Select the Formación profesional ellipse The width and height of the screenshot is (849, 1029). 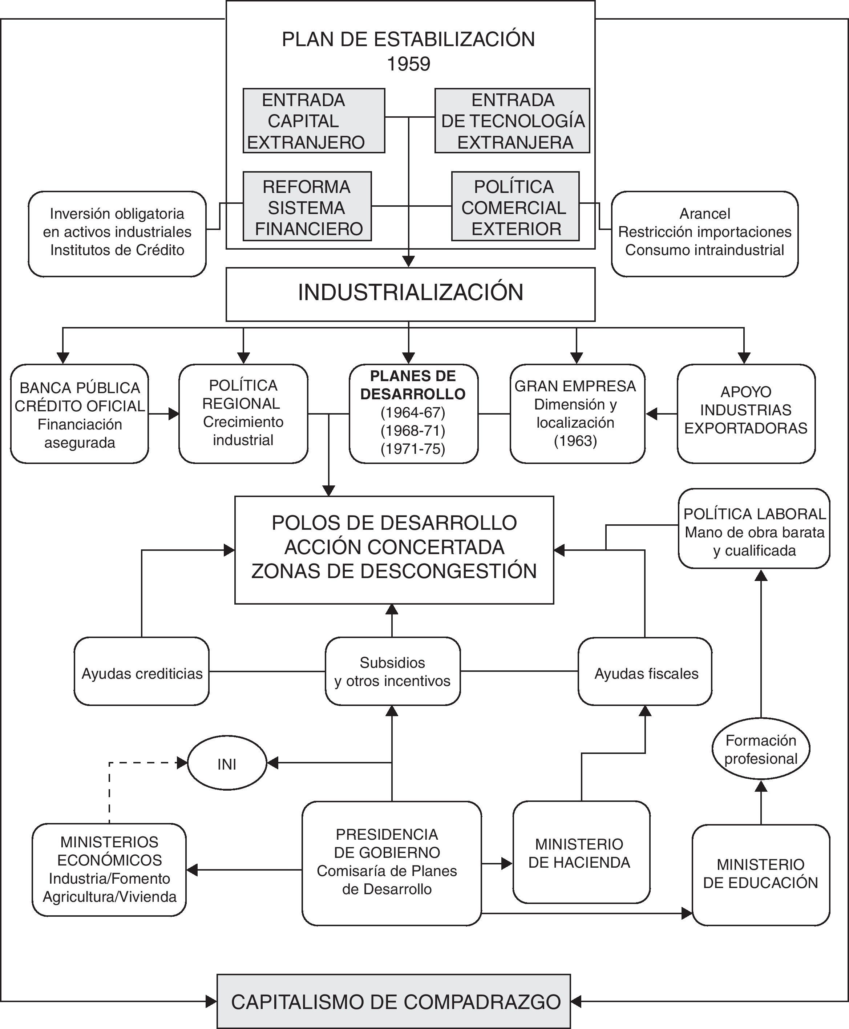click(760, 749)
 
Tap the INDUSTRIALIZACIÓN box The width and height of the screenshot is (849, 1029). click(410, 294)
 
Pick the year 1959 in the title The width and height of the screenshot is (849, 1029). click(408, 64)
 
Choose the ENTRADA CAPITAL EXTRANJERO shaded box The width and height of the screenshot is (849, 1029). click(314, 121)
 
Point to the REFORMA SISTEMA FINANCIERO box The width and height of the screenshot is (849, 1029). click(307, 206)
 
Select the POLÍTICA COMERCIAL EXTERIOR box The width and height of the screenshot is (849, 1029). click(515, 206)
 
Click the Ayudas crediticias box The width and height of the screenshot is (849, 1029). click(142, 671)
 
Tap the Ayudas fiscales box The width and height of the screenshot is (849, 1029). click(645, 671)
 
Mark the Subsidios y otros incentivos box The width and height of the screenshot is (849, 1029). click(392, 671)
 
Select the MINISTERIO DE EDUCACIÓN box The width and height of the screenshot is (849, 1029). click(760, 875)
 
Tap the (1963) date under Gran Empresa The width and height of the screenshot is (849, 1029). click(575, 441)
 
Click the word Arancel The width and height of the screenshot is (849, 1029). click(705, 214)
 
